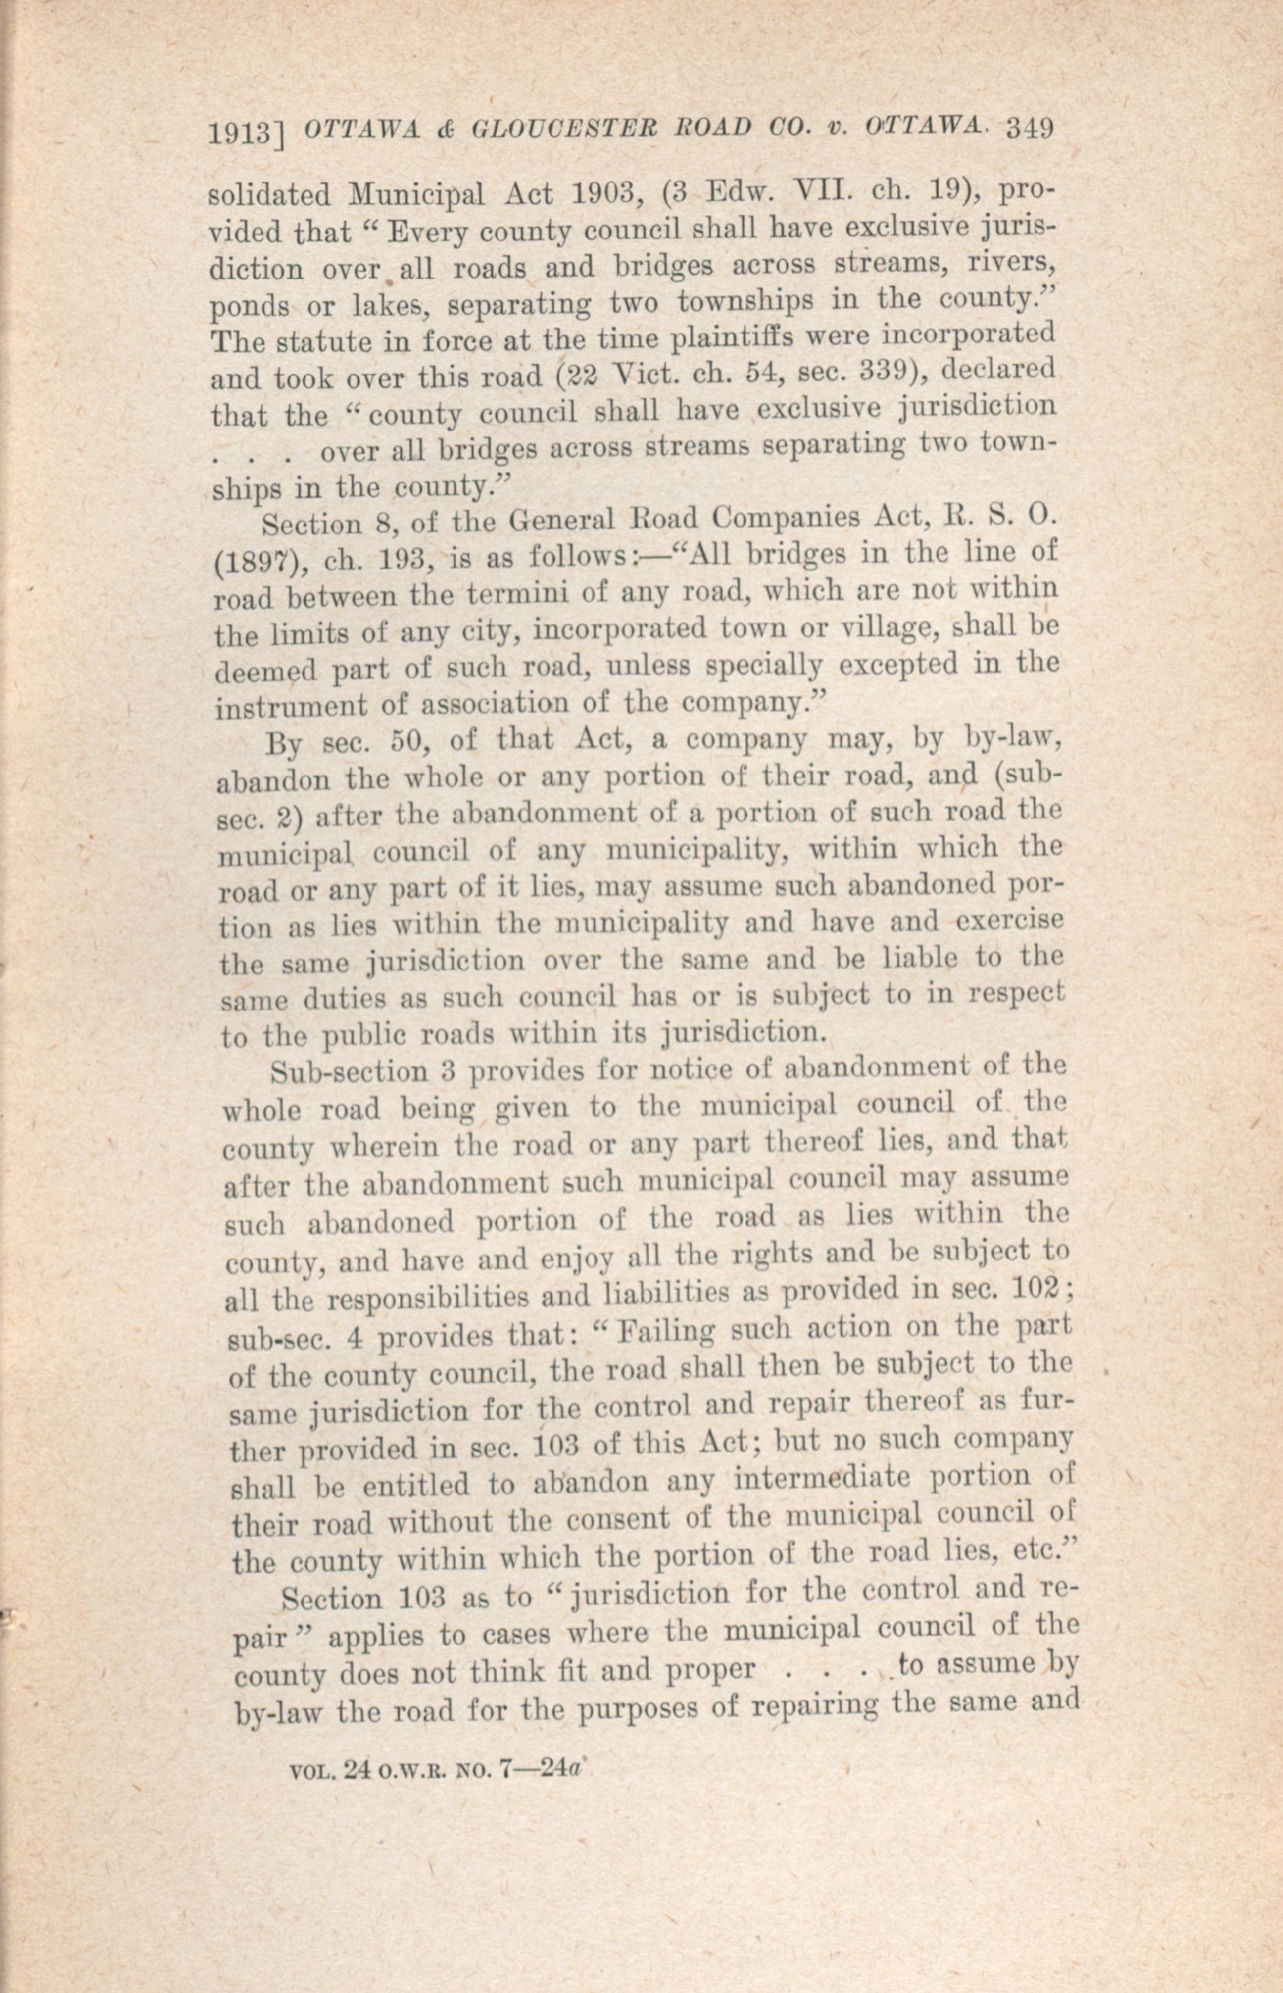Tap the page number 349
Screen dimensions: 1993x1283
coord(1031,128)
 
